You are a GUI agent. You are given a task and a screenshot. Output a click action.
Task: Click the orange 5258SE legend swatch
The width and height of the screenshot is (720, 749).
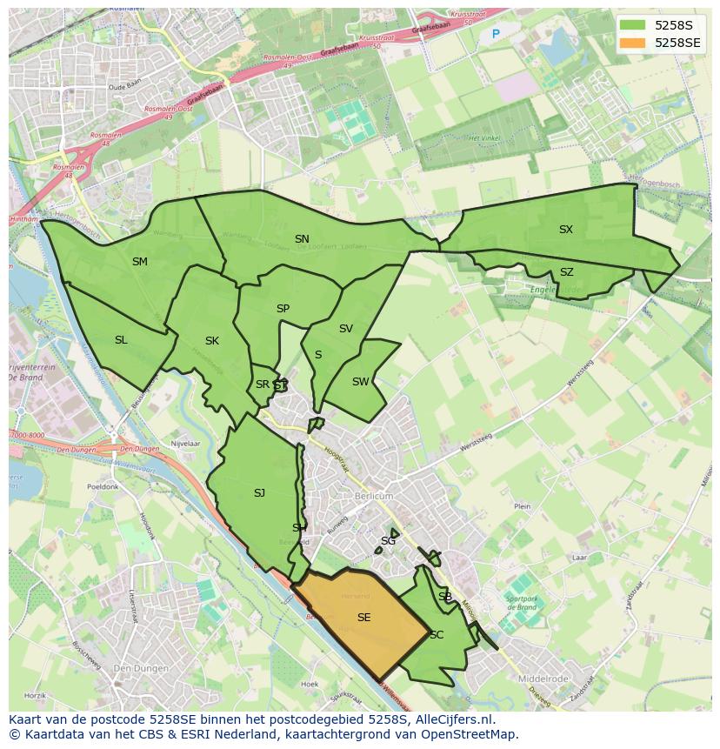click(x=633, y=43)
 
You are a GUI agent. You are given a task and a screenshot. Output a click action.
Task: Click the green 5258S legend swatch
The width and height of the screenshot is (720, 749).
click(x=633, y=25)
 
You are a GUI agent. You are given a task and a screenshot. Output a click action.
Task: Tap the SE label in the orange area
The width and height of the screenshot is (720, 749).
click(x=363, y=618)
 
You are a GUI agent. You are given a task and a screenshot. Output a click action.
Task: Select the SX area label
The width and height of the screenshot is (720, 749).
click(x=566, y=230)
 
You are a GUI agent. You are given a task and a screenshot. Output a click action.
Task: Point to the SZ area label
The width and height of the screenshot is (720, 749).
click(x=567, y=272)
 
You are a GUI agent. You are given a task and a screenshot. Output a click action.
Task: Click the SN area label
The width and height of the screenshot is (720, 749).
click(x=302, y=239)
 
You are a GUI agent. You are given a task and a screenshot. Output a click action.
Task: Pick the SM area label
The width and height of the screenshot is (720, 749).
click(x=140, y=262)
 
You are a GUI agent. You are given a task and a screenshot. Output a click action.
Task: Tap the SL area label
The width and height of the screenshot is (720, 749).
click(x=121, y=340)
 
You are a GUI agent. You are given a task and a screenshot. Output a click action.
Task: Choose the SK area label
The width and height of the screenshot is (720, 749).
click(x=212, y=341)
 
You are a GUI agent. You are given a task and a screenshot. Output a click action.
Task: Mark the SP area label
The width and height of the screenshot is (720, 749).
click(x=283, y=309)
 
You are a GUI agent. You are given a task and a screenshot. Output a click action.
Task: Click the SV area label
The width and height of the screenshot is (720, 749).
click(x=346, y=329)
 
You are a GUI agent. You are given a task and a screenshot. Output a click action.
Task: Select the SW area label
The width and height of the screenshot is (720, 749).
click(x=360, y=382)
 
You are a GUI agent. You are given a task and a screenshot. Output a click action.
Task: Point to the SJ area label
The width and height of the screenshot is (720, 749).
click(x=259, y=493)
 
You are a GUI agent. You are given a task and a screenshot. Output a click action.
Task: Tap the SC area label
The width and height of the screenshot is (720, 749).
click(x=437, y=635)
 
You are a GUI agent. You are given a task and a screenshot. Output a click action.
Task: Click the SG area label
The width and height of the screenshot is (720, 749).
click(x=388, y=541)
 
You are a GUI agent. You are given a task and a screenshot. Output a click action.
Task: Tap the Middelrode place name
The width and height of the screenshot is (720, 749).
click(x=543, y=679)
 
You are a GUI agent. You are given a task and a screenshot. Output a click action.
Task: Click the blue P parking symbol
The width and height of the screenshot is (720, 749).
click(x=496, y=35)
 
